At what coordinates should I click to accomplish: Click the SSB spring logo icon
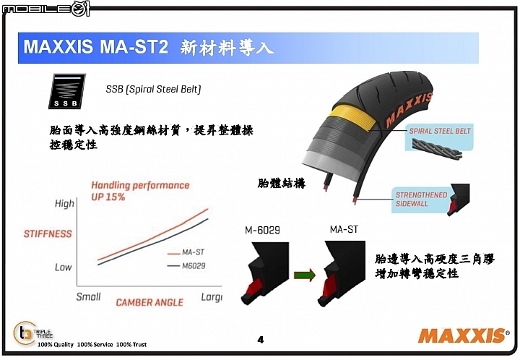[x=67, y=91]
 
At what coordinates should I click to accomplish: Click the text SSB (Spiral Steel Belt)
[x=153, y=89]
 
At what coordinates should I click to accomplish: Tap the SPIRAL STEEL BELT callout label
[x=440, y=131]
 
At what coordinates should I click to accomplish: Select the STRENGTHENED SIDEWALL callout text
[x=421, y=199]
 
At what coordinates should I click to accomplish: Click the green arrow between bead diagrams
[x=305, y=275]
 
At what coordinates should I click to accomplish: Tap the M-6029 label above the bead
[x=262, y=230]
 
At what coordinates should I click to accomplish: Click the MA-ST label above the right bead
[x=344, y=229]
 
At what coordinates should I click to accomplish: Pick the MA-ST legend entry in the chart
[x=186, y=253]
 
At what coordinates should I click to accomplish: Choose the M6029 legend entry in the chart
[x=186, y=266]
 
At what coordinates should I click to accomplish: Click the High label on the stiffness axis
[x=64, y=204]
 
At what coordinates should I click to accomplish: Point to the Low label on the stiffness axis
[x=63, y=267]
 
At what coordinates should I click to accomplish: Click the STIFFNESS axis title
[x=48, y=234]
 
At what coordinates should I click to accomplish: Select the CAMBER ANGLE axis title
[x=149, y=302]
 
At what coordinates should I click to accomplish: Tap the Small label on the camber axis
[x=88, y=296]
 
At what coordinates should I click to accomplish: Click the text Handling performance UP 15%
[x=140, y=191]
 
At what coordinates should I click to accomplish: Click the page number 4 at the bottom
[x=260, y=340]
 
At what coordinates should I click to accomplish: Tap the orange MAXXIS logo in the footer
[x=463, y=335]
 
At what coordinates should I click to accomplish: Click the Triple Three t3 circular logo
[x=25, y=333]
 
